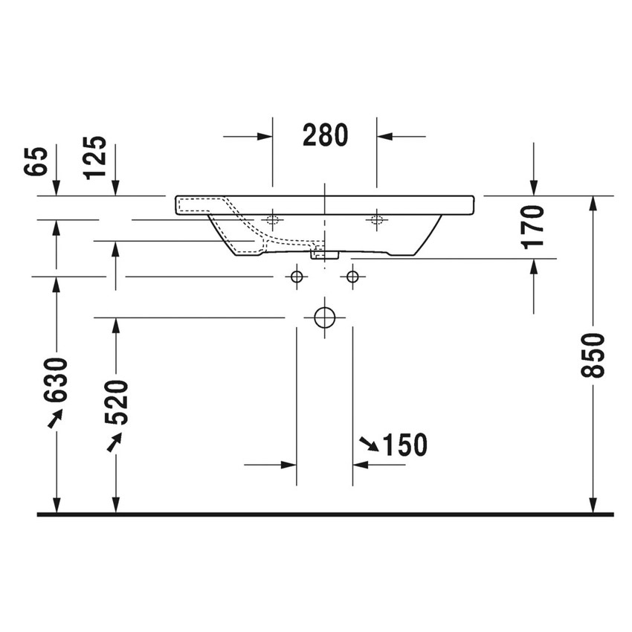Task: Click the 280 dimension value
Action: point(325,135)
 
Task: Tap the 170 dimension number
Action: point(534,226)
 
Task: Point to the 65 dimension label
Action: point(36,161)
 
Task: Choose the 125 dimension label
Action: point(94,157)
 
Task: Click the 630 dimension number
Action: point(56,379)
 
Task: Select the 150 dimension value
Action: point(404,445)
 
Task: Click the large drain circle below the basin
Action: point(324,317)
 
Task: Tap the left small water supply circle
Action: point(297,277)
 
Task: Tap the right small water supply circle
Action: point(352,277)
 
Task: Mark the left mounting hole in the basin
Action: point(272,219)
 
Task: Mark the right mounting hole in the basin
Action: point(376,219)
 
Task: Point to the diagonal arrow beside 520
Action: point(113,442)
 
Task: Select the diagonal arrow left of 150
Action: point(369,444)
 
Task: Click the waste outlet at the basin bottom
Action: point(324,254)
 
